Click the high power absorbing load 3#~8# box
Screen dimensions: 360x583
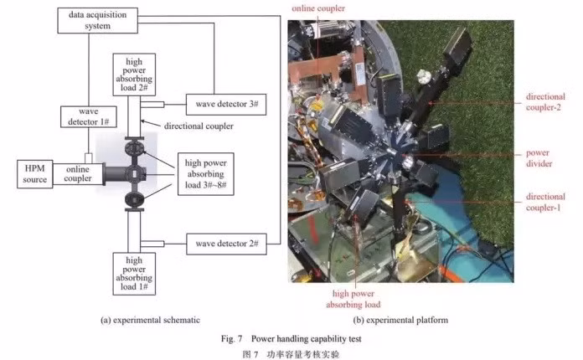click(206, 172)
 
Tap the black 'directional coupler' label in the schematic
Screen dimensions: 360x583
click(200, 126)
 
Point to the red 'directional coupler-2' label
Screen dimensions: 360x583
click(545, 103)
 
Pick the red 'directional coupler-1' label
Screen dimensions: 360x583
click(545, 202)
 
